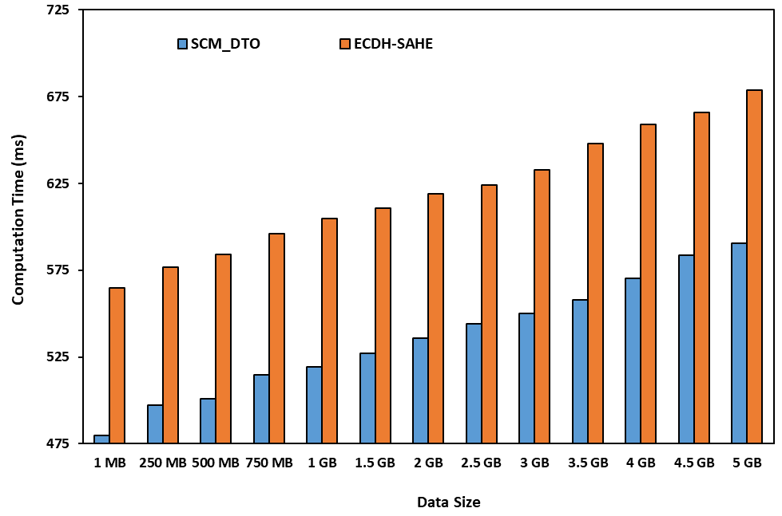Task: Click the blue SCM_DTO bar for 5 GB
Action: [739, 343]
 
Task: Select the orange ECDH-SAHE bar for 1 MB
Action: [117, 365]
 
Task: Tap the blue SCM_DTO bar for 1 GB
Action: [314, 405]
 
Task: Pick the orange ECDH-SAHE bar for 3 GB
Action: [542, 306]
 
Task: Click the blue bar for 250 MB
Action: [155, 423]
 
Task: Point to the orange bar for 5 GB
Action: [754, 266]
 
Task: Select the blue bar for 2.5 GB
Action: [473, 383]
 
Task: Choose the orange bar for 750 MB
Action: [276, 338]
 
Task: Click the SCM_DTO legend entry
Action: [220, 44]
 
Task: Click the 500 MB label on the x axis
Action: [216, 463]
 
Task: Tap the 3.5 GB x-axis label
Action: [587, 463]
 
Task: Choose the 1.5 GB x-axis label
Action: [375, 463]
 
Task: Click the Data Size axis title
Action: [448, 502]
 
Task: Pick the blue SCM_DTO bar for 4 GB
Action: [633, 360]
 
